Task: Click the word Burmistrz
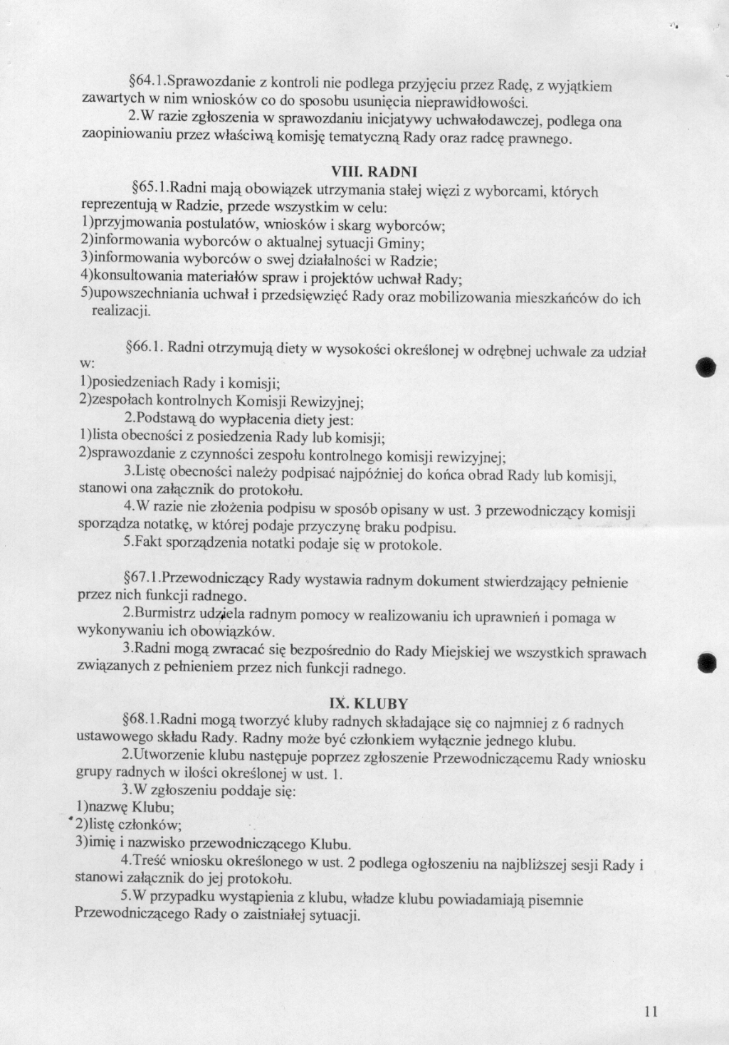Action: (x=166, y=612)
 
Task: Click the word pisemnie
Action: (x=555, y=900)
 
